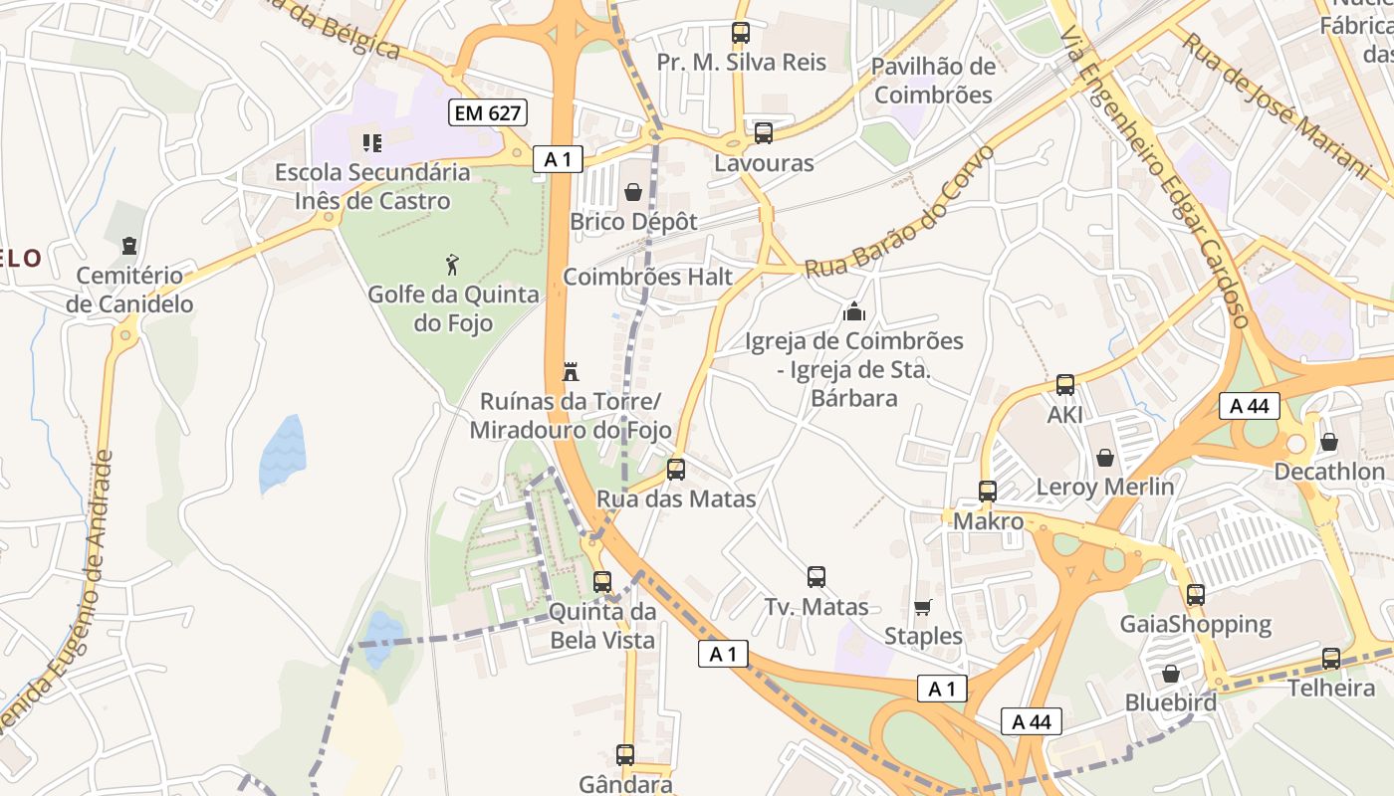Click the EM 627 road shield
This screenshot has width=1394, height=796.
[x=487, y=113]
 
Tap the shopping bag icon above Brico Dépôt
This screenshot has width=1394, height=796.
[x=633, y=191]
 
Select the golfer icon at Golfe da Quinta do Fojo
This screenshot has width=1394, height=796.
[x=453, y=265]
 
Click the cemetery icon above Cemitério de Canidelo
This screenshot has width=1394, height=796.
[x=128, y=245]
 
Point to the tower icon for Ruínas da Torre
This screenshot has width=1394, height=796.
[x=571, y=372]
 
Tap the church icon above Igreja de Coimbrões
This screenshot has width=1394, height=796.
[x=853, y=311]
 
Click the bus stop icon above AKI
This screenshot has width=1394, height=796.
[x=1064, y=385]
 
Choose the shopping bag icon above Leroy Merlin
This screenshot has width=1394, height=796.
[x=1105, y=458]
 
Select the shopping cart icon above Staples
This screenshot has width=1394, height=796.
[x=922, y=607]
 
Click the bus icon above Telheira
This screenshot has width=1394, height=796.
[x=1330, y=659]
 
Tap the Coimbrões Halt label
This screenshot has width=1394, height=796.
[x=647, y=277]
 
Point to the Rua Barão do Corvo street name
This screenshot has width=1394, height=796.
[x=900, y=215]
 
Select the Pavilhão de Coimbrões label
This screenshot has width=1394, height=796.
[x=932, y=81]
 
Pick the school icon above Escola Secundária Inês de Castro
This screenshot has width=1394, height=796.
[x=372, y=143]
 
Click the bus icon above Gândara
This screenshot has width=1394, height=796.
[x=625, y=755]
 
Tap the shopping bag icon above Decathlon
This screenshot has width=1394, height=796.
[x=1328, y=442]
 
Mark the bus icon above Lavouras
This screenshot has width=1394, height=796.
[x=764, y=133]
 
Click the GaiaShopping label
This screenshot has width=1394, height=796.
[x=1195, y=625]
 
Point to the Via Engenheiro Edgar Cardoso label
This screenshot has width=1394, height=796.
[x=1155, y=174]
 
